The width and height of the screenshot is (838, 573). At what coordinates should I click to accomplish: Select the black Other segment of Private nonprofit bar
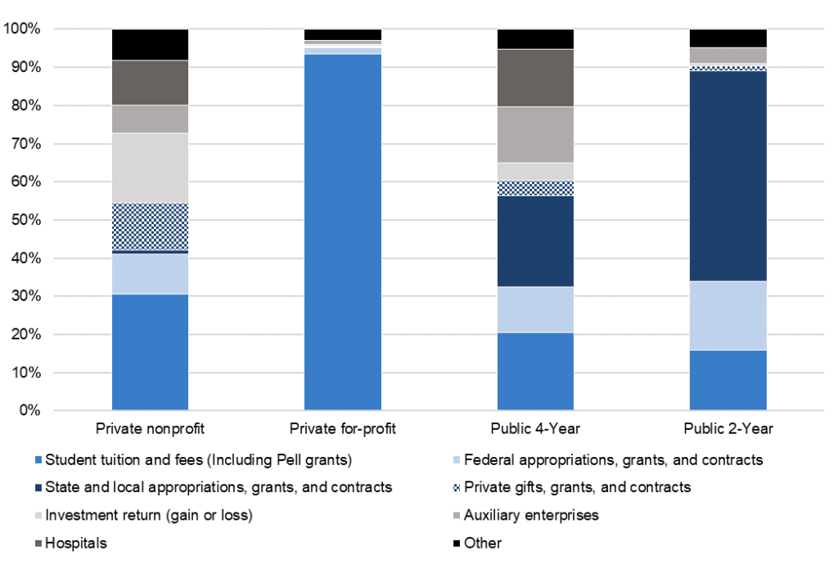pyautogui.click(x=150, y=44)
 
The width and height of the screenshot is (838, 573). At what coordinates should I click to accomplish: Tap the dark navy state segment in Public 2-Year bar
pyautogui.click(x=728, y=176)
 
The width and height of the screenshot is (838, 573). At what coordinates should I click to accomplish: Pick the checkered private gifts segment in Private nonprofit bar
pyautogui.click(x=150, y=226)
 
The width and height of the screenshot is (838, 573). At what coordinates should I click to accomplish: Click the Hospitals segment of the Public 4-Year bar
pyautogui.click(x=535, y=78)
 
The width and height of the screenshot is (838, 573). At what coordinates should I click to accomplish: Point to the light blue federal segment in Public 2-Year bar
pyautogui.click(x=728, y=316)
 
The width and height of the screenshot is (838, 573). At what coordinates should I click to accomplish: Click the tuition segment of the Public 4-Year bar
pyautogui.click(x=535, y=371)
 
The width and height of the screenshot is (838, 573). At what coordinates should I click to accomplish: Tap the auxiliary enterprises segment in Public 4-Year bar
pyautogui.click(x=535, y=135)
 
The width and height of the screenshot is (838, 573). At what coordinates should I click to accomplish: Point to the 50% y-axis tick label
pyautogui.click(x=25, y=220)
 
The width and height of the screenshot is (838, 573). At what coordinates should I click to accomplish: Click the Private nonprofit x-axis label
pyautogui.click(x=150, y=428)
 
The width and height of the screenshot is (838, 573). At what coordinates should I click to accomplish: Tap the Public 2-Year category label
pyautogui.click(x=728, y=428)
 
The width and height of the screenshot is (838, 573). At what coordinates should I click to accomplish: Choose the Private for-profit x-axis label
pyautogui.click(x=342, y=428)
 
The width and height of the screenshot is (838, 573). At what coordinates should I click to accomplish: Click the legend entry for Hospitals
pyautogui.click(x=76, y=543)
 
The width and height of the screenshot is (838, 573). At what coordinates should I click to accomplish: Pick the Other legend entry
pyautogui.click(x=482, y=543)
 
